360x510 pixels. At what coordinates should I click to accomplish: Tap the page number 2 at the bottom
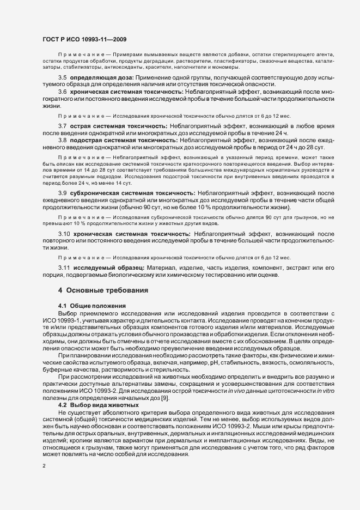click(x=44, y=466)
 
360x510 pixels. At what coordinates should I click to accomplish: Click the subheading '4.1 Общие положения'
click(x=92, y=306)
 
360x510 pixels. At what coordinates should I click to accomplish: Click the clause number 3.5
click(x=62, y=78)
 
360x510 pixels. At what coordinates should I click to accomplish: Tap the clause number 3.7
click(x=62, y=126)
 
